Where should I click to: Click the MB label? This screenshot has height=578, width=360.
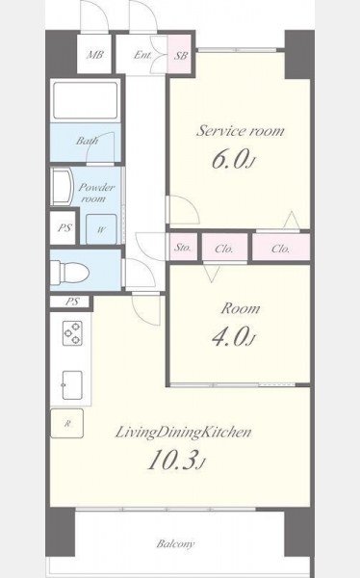[x=94, y=55]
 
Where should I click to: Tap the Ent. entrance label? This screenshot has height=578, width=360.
[x=142, y=55]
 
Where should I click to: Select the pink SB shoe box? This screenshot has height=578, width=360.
[x=180, y=55]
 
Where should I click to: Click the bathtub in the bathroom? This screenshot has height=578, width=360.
[x=86, y=100]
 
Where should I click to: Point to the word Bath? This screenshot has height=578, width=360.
[x=87, y=141]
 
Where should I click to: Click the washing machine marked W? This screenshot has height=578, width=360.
[x=101, y=229]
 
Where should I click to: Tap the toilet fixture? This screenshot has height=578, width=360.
[x=70, y=273]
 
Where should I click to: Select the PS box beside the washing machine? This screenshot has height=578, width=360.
[x=64, y=227]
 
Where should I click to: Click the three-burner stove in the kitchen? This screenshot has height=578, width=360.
[x=72, y=333]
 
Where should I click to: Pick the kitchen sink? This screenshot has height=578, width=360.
[x=72, y=385]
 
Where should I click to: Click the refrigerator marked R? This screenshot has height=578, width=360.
[x=66, y=423]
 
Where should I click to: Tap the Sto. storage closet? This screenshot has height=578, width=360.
[x=183, y=248]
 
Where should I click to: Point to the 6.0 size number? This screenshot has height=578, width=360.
[x=229, y=160]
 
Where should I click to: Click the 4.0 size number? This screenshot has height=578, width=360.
[x=229, y=337]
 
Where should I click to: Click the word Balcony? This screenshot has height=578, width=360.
[x=175, y=543]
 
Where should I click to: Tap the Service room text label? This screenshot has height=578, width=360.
[x=241, y=131]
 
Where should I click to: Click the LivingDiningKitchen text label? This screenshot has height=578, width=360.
[x=183, y=433]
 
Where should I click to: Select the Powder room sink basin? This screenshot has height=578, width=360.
[x=62, y=186]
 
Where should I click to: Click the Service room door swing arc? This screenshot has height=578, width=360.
[x=190, y=203]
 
